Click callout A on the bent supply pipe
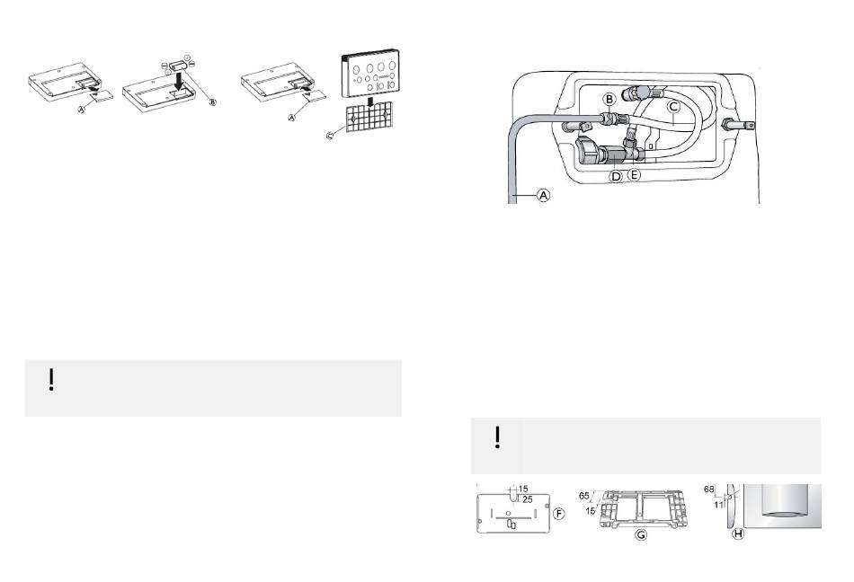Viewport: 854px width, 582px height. [x=544, y=195]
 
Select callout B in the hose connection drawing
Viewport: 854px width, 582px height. [x=609, y=99]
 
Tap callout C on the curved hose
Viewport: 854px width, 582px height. [x=673, y=107]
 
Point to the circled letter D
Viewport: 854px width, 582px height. [x=616, y=176]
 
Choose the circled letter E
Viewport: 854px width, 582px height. [x=634, y=175]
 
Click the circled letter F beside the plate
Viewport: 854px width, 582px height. [x=559, y=514]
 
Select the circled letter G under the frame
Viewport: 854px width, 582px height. [x=642, y=534]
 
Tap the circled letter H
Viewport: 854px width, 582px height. [x=738, y=534]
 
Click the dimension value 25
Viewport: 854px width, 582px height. [x=527, y=499]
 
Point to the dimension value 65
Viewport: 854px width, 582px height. [x=583, y=496]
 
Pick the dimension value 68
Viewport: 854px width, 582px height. [x=708, y=489]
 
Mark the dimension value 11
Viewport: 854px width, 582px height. [x=718, y=505]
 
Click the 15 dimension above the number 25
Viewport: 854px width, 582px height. [x=523, y=489]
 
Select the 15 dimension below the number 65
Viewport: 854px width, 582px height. [x=591, y=511]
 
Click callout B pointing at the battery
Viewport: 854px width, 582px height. [x=213, y=102]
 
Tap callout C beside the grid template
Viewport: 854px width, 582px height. [x=330, y=136]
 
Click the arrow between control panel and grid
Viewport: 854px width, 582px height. [x=370, y=101]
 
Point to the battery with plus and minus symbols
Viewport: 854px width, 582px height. [x=178, y=65]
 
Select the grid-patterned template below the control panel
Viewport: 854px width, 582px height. [x=369, y=118]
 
